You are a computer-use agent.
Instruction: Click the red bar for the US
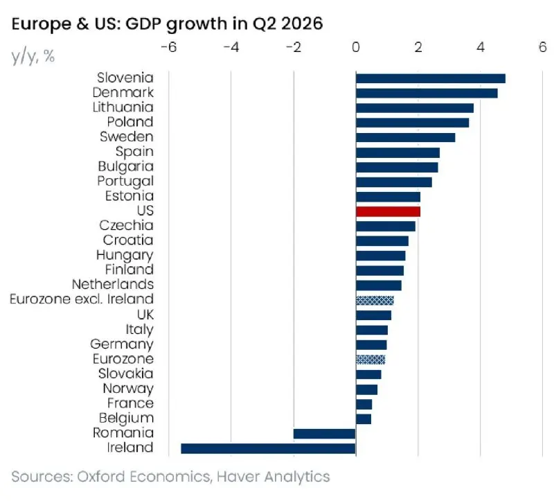pos(388,211)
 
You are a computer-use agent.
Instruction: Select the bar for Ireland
pos(268,448)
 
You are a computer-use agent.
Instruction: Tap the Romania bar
pos(324,434)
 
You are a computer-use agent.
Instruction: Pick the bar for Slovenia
pos(431,78)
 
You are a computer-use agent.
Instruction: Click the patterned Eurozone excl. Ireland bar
pos(375,300)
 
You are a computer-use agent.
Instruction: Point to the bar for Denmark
pos(427,94)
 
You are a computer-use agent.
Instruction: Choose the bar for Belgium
pos(364,419)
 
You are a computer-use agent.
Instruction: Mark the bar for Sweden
pos(406,137)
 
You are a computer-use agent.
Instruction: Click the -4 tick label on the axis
pos(231,47)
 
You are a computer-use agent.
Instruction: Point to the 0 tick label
pos(356,47)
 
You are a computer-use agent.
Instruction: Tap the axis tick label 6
pos(543,47)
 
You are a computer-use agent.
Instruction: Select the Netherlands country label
pos(113,284)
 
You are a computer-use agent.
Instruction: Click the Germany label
pos(122,344)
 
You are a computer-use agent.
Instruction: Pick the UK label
pos(145,314)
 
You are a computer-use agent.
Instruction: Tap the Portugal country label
pos(125,182)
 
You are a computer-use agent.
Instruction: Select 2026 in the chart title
pos(302,24)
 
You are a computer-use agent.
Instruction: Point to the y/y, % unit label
pos(33,57)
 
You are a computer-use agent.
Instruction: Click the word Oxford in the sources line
pos(101,476)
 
